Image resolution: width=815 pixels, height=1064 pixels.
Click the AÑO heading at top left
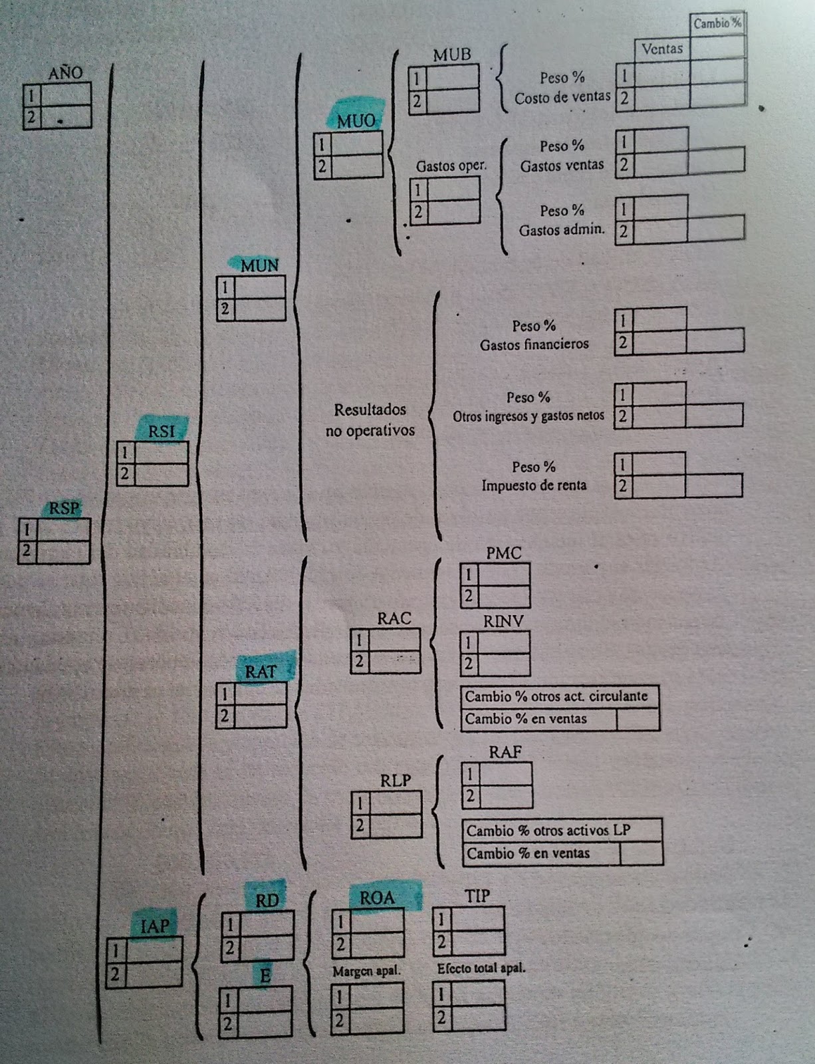[65, 72]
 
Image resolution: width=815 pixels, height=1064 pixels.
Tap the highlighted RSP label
[64, 509]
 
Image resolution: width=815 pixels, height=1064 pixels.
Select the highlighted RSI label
[162, 431]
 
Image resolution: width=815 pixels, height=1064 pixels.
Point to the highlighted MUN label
[259, 265]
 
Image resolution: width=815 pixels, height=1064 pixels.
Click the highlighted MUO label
[356, 121]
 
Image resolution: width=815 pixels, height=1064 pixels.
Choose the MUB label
[452, 55]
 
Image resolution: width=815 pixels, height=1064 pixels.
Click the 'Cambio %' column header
[717, 23]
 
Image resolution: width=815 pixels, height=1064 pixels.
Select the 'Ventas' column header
[662, 49]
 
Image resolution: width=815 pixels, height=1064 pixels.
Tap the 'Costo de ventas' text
[562, 98]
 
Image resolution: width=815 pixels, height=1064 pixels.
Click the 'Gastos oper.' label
[451, 166]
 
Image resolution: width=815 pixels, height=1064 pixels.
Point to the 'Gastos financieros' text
[534, 344]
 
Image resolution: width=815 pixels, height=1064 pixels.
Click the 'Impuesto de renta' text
[534, 485]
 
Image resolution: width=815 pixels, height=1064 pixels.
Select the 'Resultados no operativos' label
[370, 420]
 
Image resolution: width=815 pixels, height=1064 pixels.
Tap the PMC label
[503, 553]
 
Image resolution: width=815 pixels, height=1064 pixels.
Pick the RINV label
[503, 621]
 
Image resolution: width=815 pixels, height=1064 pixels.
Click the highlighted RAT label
[260, 672]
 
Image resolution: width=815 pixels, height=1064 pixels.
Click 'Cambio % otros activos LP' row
[548, 831]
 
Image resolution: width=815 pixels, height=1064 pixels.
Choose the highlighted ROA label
[377, 898]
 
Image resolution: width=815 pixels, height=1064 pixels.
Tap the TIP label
[477, 896]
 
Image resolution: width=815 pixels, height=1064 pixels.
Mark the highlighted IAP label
[155, 926]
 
